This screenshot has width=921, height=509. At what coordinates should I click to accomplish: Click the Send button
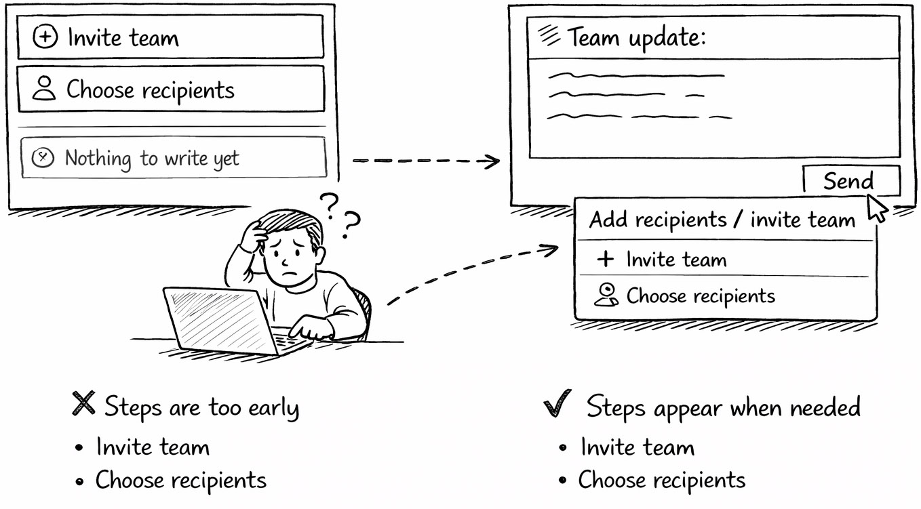(x=850, y=181)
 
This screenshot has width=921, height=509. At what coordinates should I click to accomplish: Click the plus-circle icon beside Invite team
(x=45, y=37)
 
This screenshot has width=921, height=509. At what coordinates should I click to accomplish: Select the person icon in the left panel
(x=45, y=89)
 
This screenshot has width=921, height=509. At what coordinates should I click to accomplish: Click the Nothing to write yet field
(x=174, y=158)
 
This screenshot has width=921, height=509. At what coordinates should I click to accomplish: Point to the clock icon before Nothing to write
(x=43, y=158)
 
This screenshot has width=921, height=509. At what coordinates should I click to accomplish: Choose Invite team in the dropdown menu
(x=675, y=260)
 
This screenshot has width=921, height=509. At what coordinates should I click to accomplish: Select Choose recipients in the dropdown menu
(x=700, y=296)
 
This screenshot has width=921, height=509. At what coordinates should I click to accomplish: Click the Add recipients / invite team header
(x=722, y=220)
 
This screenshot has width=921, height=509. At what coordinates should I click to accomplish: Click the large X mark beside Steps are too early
(x=83, y=405)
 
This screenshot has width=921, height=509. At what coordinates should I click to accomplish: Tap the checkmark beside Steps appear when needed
(x=557, y=405)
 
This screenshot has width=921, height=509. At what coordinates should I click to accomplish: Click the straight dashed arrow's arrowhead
(x=494, y=161)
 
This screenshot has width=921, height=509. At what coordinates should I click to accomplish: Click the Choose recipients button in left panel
(x=170, y=89)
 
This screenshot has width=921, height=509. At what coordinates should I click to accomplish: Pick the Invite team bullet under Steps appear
(x=638, y=447)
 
